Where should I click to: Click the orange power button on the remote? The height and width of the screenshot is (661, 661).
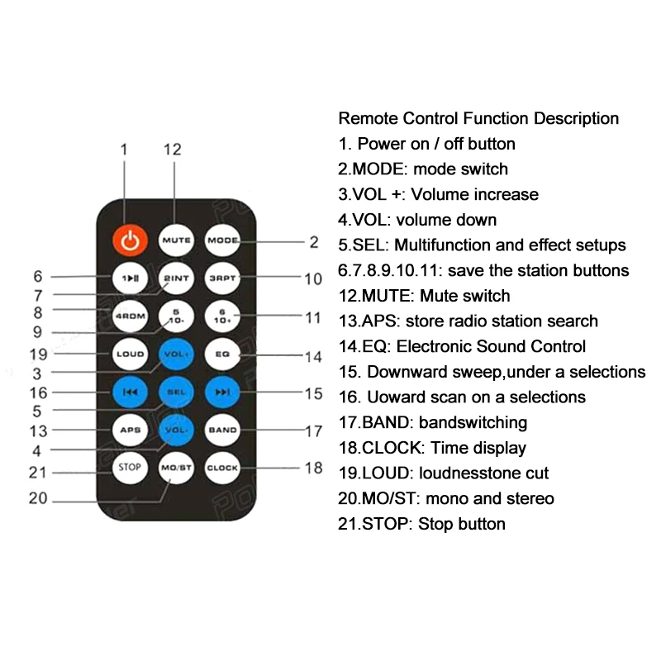(x=129, y=240)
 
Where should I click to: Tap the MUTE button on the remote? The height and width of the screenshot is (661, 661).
(x=176, y=240)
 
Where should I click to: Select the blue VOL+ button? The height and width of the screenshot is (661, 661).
(x=176, y=354)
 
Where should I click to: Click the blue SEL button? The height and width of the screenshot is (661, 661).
(x=176, y=392)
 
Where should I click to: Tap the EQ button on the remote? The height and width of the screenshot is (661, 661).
(x=222, y=354)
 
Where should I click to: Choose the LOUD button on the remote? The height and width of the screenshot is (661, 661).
(x=129, y=354)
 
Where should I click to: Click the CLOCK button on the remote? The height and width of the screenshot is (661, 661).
(x=222, y=468)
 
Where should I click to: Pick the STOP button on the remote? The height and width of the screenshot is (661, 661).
(x=129, y=468)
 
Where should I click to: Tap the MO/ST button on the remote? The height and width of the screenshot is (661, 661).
(x=176, y=468)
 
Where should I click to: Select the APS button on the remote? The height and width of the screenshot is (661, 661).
(x=129, y=430)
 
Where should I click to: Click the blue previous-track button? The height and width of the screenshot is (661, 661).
(x=129, y=392)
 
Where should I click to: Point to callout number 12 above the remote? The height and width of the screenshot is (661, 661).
(x=172, y=150)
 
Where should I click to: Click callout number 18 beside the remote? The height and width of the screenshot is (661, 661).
(x=313, y=468)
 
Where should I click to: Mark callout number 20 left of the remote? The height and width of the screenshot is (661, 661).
(x=38, y=498)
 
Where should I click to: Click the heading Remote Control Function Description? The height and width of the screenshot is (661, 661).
(x=478, y=118)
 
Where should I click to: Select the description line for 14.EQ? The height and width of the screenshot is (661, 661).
(x=462, y=346)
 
